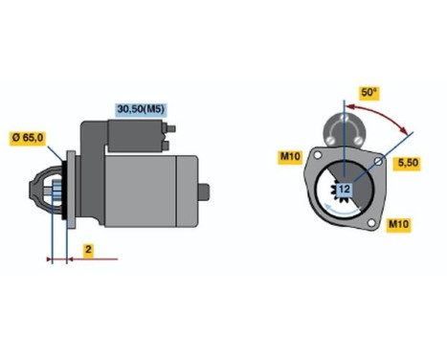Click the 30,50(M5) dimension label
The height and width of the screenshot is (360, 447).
(x=141, y=109)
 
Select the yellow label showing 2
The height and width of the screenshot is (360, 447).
(x=87, y=250)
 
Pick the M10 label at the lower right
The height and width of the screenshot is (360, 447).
(x=398, y=225)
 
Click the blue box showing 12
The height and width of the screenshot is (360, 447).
(x=344, y=191)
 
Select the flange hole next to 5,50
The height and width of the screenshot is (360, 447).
(x=380, y=164)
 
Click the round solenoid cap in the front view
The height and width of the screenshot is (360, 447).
(x=342, y=124)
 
